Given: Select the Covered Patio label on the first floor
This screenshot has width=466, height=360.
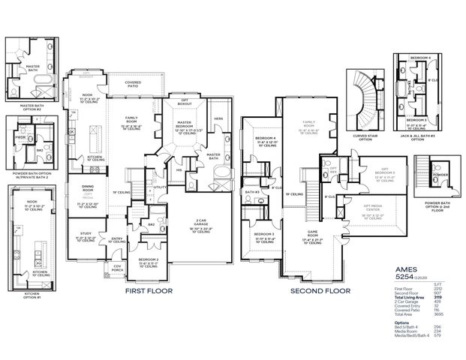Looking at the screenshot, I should click(133, 84).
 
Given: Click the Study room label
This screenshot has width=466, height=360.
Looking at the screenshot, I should click(84, 235).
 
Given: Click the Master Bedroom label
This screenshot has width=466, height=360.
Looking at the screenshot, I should click(185, 124).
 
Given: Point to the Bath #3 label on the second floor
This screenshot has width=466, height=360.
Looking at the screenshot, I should click(253, 192).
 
